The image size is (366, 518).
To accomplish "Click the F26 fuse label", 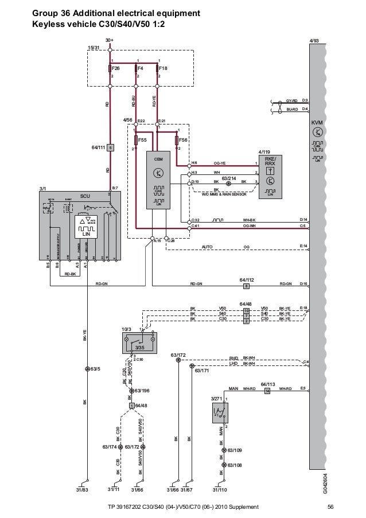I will pos(116,67).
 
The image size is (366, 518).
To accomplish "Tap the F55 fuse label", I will pos(142,139).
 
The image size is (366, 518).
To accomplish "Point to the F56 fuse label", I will pos(183,139).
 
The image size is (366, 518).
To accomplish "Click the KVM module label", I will pos(317,123).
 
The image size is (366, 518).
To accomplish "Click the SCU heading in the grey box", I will pos(85,195).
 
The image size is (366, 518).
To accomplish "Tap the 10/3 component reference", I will pos(127,329).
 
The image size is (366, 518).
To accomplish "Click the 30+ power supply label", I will pos(109,40).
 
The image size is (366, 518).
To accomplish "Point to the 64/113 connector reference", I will pos(267,383).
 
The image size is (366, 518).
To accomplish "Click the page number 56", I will pos(330,507).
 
